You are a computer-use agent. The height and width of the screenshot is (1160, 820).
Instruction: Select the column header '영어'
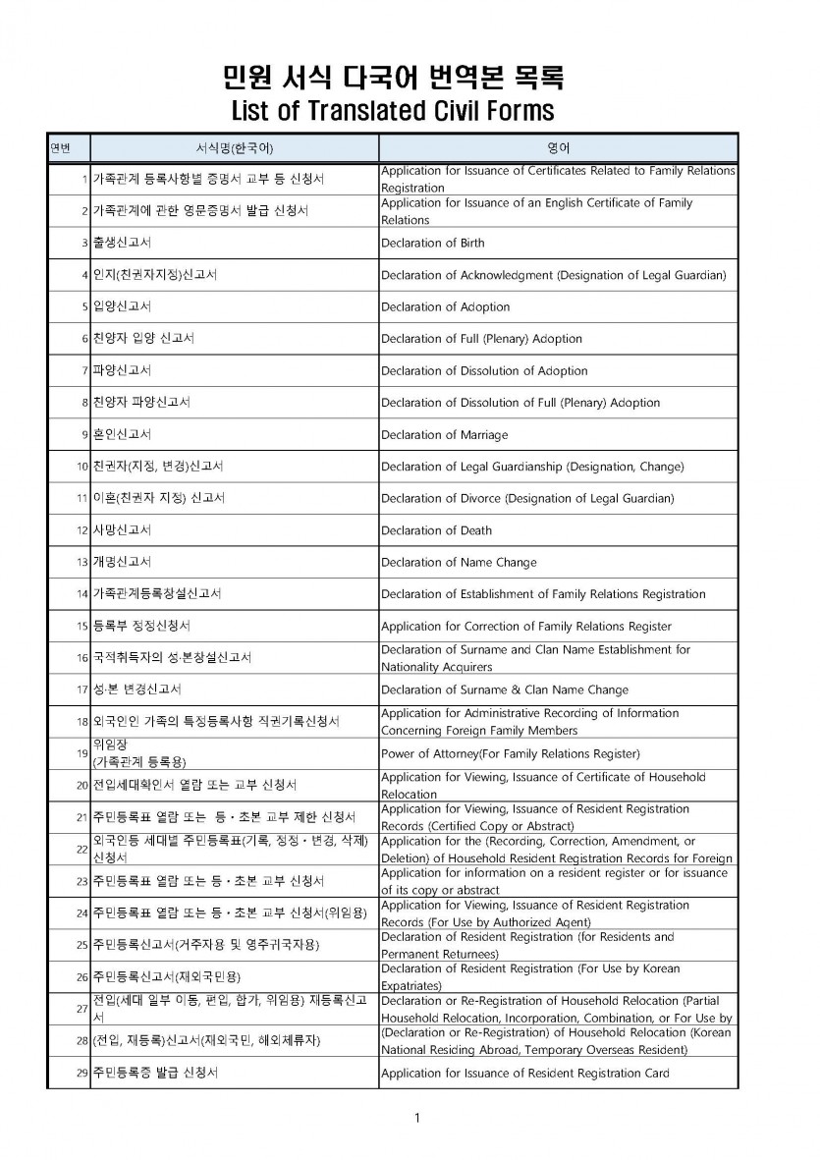point(558,147)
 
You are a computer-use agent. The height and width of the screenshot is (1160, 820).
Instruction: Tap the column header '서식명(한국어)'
point(234,147)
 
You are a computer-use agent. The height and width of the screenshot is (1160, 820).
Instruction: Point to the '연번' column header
point(60,147)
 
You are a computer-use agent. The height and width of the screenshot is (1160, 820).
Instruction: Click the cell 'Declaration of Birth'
point(432,243)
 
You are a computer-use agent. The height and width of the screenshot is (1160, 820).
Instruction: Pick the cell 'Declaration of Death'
point(436,530)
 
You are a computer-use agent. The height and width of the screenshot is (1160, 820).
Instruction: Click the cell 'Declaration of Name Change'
point(459,563)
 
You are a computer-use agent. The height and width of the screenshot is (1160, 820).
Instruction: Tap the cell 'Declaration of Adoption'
point(445,306)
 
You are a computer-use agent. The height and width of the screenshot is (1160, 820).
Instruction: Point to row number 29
point(82,1073)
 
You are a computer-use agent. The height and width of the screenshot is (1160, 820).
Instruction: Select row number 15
point(82,627)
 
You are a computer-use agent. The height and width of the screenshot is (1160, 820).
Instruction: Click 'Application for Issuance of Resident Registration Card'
point(525,1073)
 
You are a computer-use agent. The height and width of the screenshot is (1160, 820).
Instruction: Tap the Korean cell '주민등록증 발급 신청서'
point(155,1073)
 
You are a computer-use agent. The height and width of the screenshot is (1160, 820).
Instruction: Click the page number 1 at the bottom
point(417,1118)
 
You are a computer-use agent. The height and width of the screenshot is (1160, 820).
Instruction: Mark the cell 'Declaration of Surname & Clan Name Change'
point(505,690)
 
